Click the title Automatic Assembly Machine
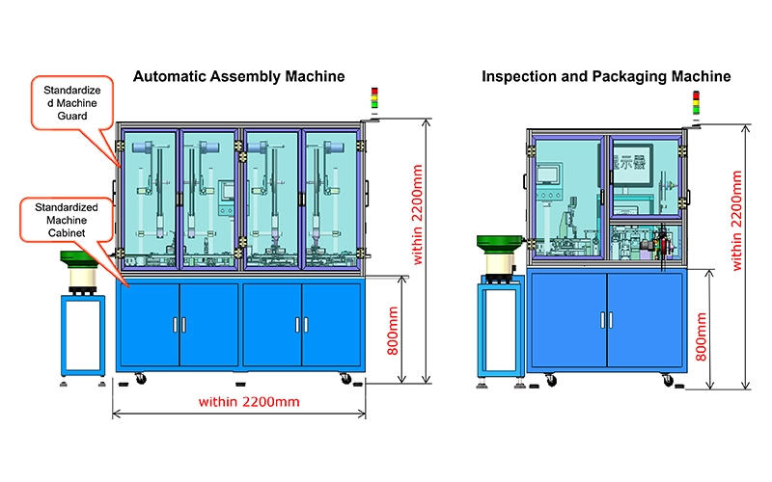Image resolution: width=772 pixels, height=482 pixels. pos(238,77)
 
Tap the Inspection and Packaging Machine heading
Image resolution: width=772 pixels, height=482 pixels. pos(606,77)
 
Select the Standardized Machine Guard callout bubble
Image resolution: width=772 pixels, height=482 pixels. pos(72,103)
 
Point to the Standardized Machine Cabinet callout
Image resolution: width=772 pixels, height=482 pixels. pos(67,220)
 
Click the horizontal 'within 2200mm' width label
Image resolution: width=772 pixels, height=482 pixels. pos(249,402)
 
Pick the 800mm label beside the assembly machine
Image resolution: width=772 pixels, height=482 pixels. pos(393,331)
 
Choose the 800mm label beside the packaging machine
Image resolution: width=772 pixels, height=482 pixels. pos(702,336)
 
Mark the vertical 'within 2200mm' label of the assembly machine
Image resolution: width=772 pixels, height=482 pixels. pos(417,214)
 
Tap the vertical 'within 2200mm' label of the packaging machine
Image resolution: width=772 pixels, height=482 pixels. pos(737,221)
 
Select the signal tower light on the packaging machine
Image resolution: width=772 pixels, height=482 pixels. pos(696,103)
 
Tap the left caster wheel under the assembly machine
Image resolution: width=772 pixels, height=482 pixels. pos(141,378)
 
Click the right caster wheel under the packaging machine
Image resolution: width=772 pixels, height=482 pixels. pos(668,380)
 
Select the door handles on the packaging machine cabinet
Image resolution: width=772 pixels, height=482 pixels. pos(607,320)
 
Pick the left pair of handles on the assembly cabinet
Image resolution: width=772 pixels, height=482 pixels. pos(179,325)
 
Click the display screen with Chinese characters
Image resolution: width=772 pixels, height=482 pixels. pos(633,164)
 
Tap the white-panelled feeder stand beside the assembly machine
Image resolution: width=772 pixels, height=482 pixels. pos(83,335)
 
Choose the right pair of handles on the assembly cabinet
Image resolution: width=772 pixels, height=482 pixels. pos(302,325)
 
